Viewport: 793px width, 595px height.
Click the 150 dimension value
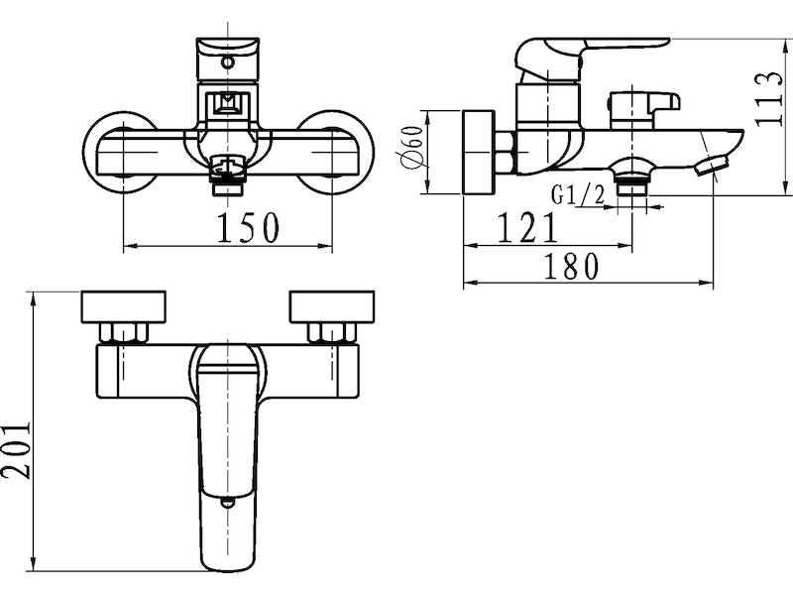point(248,228)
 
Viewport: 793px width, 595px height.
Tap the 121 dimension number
point(527,227)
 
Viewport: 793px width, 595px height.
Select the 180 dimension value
point(571,266)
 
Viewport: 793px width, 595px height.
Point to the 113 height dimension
point(768,100)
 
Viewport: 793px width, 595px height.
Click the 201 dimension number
point(16,449)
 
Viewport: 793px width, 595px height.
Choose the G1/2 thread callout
point(577,194)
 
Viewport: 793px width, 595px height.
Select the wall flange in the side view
point(479,152)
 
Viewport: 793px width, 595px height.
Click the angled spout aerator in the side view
point(711,166)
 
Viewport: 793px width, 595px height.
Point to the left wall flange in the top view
point(123,306)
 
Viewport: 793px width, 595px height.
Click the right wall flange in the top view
point(332,306)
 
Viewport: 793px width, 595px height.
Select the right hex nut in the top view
point(332,333)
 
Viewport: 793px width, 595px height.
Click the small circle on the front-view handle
point(229,63)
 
